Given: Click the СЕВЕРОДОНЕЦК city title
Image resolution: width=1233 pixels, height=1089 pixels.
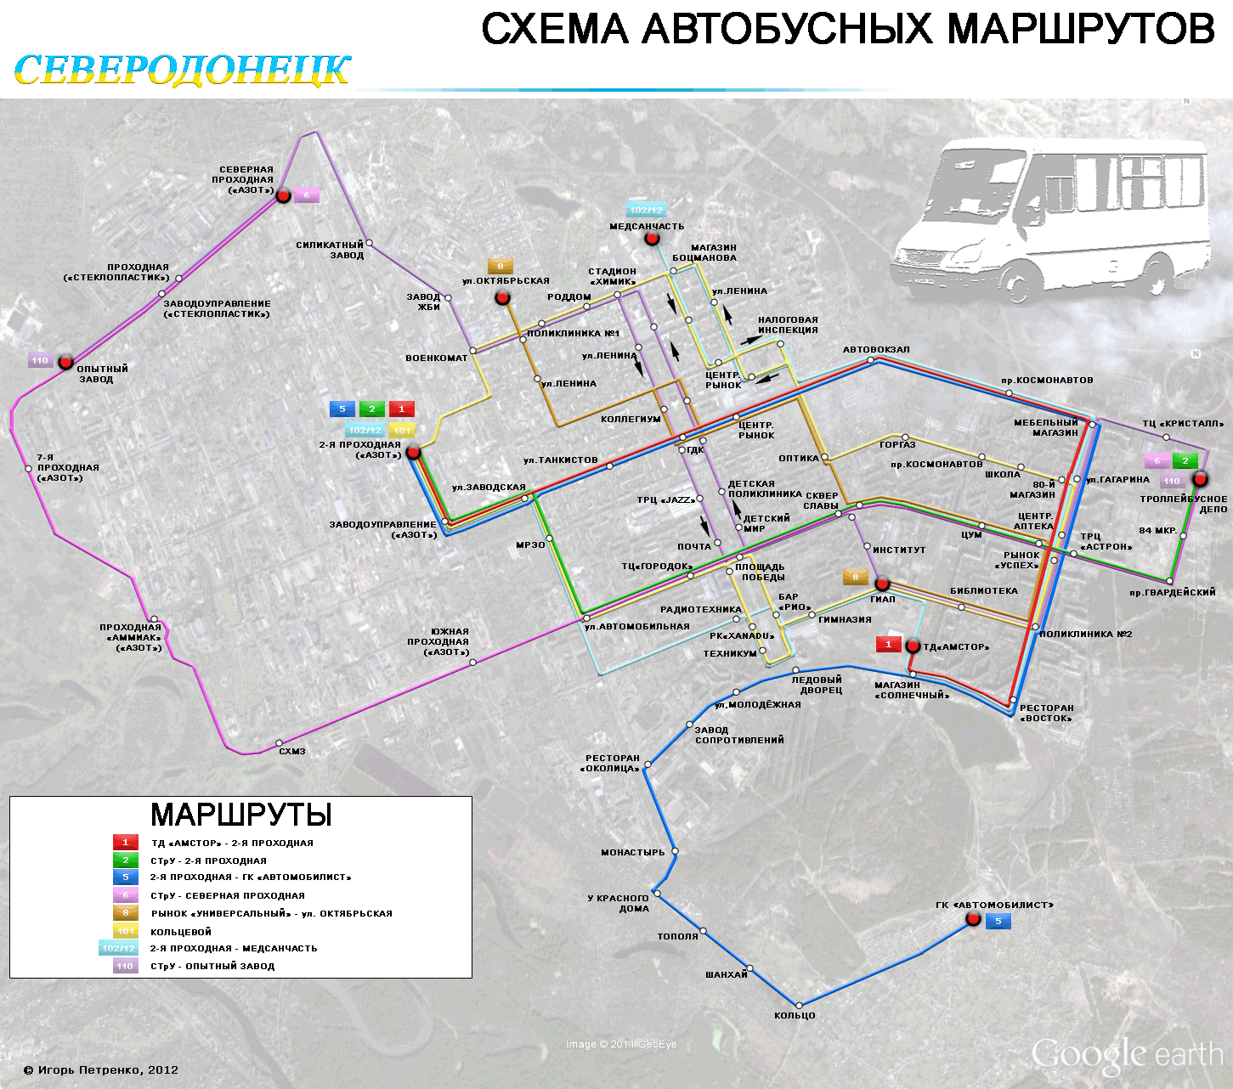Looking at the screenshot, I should pyautogui.click(x=182, y=71).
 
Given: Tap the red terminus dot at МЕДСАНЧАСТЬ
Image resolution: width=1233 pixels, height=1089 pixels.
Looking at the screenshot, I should pyautogui.click(x=652, y=239).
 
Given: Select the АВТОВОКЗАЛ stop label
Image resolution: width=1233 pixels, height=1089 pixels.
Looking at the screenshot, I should pyautogui.click(x=875, y=350).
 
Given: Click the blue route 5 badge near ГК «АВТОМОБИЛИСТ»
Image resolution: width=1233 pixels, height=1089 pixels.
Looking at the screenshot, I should pyautogui.click(x=998, y=922).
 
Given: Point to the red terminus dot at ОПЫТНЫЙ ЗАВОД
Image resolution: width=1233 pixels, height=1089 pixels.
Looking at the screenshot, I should pyautogui.click(x=65, y=363).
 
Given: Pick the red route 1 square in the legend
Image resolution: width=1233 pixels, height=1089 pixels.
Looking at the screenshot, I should pyautogui.click(x=125, y=843).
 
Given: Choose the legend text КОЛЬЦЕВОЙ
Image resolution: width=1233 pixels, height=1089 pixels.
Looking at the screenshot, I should pyautogui.click(x=181, y=932).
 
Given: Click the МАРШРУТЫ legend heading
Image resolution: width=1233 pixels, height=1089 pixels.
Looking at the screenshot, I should pyautogui.click(x=240, y=815).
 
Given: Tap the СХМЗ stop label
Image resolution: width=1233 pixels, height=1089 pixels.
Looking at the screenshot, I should pyautogui.click(x=291, y=752).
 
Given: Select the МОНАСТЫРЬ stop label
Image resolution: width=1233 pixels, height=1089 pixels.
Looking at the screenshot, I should pyautogui.click(x=632, y=852).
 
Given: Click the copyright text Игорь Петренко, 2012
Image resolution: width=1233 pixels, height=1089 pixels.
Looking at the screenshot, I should pyautogui.click(x=101, y=1070).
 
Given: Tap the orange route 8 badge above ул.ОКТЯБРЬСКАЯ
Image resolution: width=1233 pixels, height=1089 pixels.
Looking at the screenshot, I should pyautogui.click(x=500, y=267).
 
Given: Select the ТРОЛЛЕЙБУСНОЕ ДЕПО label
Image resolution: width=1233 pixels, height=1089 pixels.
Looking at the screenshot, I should pyautogui.click(x=1183, y=505).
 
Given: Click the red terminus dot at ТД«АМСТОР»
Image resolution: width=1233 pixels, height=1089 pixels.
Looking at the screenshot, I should pyautogui.click(x=913, y=646).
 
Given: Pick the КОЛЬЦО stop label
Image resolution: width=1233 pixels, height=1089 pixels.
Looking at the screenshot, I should pyautogui.click(x=795, y=1016).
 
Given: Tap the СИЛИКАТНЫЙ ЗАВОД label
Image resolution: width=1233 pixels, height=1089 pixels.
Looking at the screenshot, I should pyautogui.click(x=330, y=250).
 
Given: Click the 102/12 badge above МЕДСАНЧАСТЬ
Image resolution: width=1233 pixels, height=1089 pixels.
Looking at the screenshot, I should pyautogui.click(x=646, y=210).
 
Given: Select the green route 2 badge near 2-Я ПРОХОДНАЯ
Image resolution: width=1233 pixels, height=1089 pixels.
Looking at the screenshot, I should pyautogui.click(x=371, y=409).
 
